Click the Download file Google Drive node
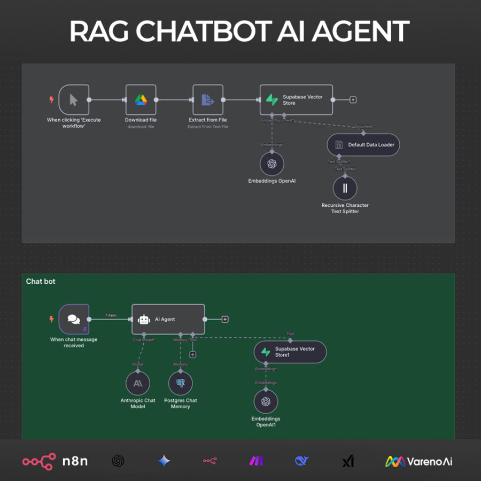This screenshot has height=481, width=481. tap(141, 99)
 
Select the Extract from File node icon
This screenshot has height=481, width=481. tap(207, 99)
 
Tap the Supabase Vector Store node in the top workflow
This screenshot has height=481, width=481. tap(296, 99)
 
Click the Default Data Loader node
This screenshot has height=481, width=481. tap(363, 145)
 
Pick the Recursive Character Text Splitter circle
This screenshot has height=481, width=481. tap(345, 188)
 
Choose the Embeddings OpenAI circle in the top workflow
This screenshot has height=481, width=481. tap(271, 164)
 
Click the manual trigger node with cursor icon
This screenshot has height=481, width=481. tap(74, 99)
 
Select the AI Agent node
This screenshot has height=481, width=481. tap(168, 319)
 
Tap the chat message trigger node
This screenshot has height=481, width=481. tap(74, 319)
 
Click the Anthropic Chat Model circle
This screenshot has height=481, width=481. tap(138, 383)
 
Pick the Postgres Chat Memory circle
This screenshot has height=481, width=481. tap(180, 383)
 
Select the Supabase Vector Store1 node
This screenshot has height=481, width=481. tap(290, 352)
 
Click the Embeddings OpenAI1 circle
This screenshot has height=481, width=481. tap(266, 402)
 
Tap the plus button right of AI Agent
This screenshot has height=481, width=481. tap(225, 320)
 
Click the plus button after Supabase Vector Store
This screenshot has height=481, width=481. tap(353, 100)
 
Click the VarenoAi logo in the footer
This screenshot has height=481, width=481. tap(419, 461)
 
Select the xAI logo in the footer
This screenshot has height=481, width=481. tap(348, 461)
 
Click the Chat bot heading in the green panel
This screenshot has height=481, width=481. tap(41, 281)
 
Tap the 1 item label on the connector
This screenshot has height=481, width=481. tap(111, 315)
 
